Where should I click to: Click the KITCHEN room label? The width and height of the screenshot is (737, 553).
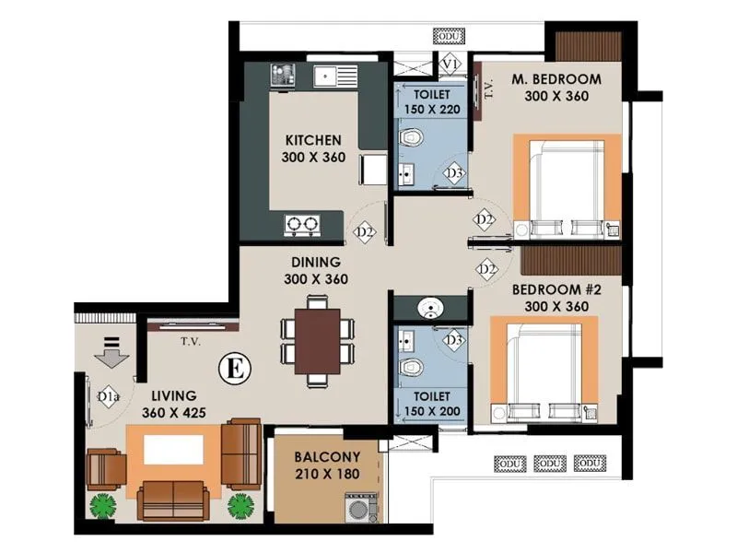tap(313, 140)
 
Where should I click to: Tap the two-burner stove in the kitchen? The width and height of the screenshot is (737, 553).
tap(301, 222)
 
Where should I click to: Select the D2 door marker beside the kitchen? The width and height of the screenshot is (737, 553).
tap(366, 232)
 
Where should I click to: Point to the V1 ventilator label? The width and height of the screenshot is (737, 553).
tap(450, 64)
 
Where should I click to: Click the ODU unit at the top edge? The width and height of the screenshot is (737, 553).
tap(450, 35)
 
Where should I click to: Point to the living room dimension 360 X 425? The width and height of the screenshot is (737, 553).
tap(176, 414)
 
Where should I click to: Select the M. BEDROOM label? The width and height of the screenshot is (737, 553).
tap(556, 78)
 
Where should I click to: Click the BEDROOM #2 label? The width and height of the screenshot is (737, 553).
tap(556, 289)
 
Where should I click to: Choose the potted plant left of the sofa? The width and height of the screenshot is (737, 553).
tap(101, 506)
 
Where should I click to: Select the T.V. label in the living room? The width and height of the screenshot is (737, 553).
tap(191, 341)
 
